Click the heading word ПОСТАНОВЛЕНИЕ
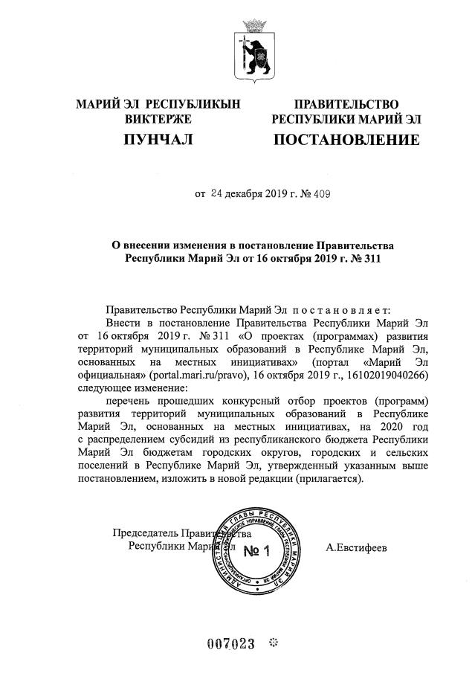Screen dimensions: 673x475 click(346, 140)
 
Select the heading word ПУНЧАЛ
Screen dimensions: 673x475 click(157, 140)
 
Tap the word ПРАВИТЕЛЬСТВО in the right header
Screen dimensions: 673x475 click(346, 104)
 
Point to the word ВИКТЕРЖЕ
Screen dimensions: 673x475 click(158, 118)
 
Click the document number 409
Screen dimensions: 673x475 click(321, 195)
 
